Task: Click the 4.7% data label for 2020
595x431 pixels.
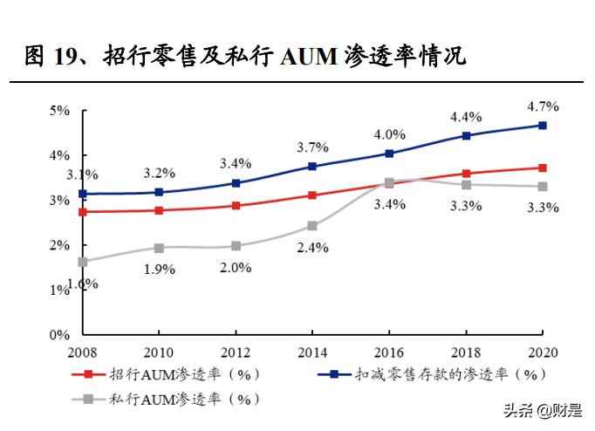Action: click(542, 106)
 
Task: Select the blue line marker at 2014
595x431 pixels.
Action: click(311, 167)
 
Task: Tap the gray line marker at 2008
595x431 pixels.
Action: click(82, 262)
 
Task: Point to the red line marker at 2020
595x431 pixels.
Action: click(542, 168)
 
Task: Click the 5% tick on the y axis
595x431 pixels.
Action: click(59, 111)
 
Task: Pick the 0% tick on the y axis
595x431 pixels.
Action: click(59, 335)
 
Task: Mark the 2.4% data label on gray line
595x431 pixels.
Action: click(311, 248)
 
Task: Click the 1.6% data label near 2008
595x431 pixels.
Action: click(83, 284)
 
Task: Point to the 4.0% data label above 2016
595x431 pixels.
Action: click(389, 134)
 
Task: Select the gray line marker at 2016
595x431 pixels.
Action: click(388, 182)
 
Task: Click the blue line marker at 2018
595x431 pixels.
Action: click(465, 136)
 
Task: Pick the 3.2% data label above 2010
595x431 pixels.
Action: click(159, 172)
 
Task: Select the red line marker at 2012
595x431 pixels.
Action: click(235, 206)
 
